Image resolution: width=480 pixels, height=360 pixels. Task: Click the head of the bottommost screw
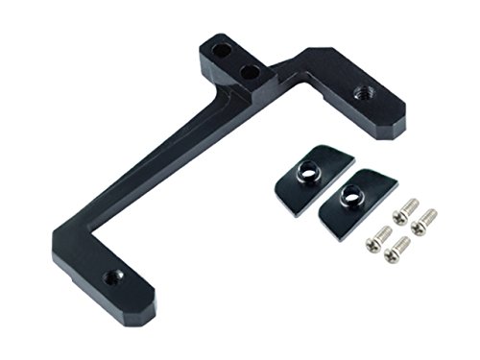coord(392,256)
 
